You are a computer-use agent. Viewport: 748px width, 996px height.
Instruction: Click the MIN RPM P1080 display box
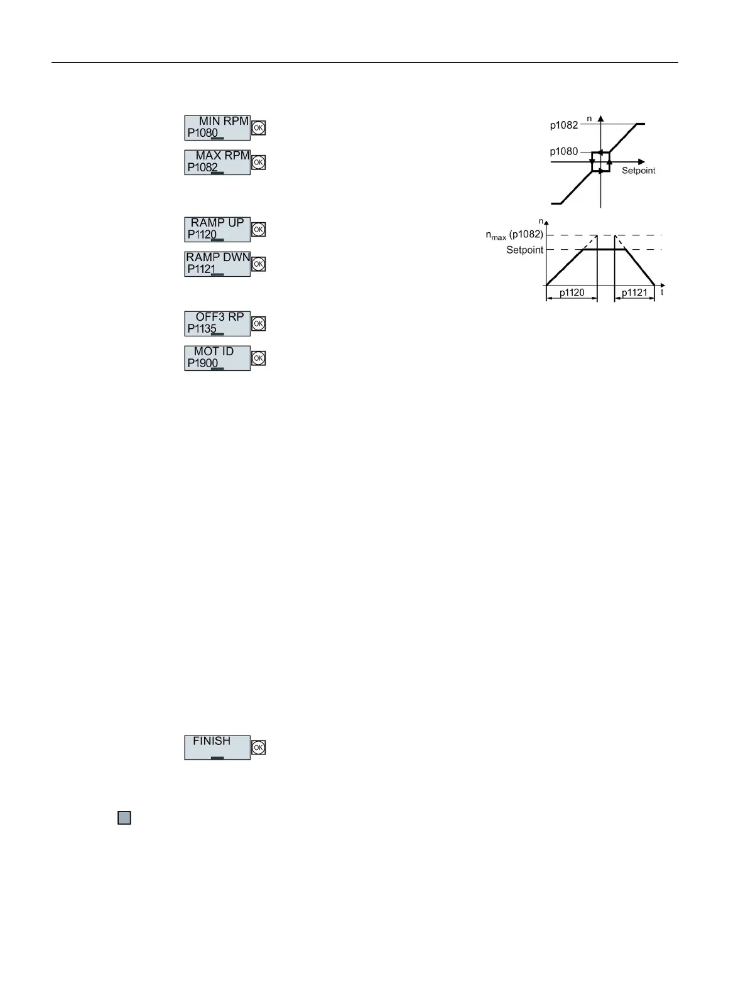217,127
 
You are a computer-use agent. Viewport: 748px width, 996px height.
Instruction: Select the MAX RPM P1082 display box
217,162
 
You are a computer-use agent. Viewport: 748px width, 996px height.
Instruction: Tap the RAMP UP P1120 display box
217,229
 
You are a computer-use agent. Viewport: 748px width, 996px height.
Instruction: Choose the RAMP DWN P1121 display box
217,264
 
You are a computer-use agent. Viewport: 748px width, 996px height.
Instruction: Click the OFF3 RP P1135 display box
217,323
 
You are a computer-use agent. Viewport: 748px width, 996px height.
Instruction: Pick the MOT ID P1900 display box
217,358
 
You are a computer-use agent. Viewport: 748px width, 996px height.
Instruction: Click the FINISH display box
217,747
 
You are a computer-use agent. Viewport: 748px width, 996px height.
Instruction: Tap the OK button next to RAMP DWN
258,264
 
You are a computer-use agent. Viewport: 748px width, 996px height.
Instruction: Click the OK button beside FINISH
258,747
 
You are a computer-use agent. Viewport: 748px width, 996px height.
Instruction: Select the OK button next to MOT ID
258,358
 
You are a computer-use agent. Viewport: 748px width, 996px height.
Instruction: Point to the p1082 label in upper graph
563,125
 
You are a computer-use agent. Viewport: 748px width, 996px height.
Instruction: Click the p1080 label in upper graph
563,151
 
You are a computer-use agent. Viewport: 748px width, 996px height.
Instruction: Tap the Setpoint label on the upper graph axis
638,171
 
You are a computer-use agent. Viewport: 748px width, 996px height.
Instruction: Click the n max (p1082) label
510,235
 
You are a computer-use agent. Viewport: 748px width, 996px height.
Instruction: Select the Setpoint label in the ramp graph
524,250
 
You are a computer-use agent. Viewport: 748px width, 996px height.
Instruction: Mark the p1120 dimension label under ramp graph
572,292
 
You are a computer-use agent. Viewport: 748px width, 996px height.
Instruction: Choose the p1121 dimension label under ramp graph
634,292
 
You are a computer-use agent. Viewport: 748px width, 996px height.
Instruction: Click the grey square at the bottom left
124,818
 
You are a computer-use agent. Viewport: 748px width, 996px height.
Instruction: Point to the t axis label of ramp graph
662,292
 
